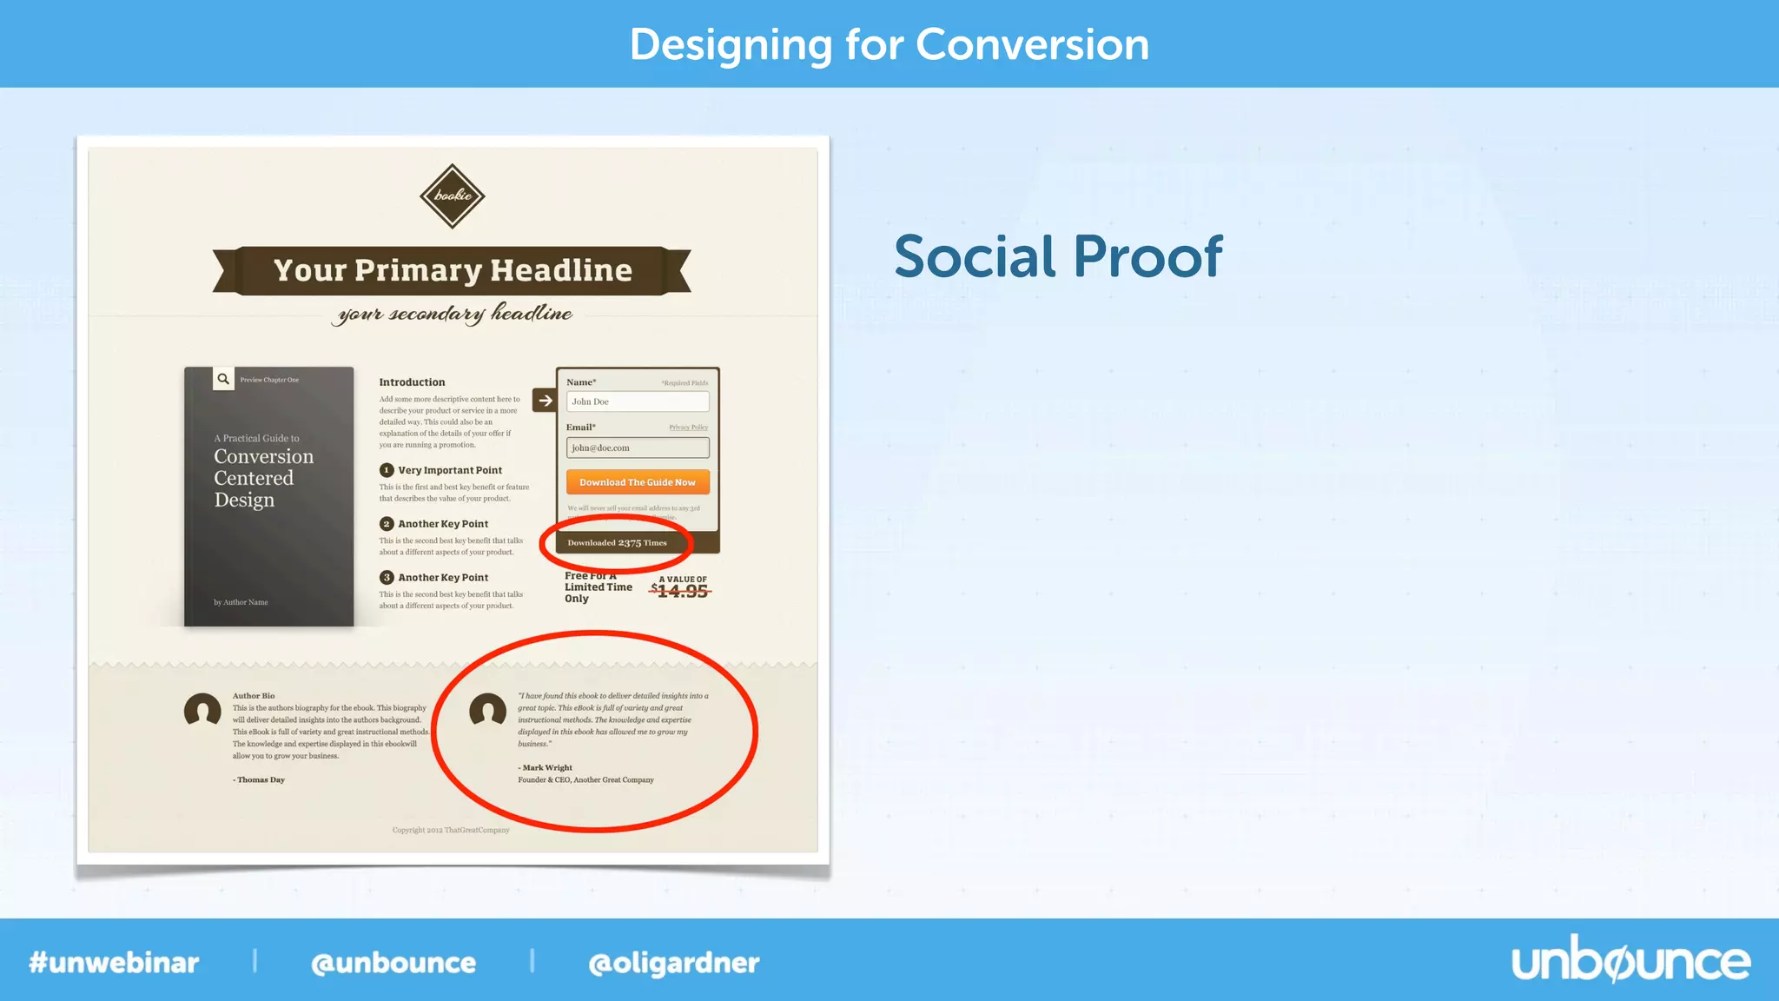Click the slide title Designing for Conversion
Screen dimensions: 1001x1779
click(889, 44)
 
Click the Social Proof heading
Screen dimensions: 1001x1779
click(1058, 257)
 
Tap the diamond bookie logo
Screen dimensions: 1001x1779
click(452, 196)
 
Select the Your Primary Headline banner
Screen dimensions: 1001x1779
click(452, 270)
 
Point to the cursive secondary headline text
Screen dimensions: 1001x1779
click(452, 314)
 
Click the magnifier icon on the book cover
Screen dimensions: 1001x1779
click(223, 379)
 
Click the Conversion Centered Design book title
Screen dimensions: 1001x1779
click(263, 478)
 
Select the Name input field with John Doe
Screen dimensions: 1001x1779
click(638, 401)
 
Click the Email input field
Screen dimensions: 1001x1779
click(638, 447)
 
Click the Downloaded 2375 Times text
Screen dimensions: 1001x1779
click(617, 543)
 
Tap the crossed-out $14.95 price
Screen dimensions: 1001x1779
click(682, 592)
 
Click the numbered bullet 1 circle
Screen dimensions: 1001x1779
click(387, 470)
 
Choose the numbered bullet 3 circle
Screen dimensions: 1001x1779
click(387, 578)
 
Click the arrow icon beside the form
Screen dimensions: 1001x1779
click(545, 401)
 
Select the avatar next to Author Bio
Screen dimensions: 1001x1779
click(202, 710)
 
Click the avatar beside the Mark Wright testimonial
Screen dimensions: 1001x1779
click(487, 710)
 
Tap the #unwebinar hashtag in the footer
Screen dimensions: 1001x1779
click(114, 963)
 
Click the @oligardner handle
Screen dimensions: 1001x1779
click(673, 963)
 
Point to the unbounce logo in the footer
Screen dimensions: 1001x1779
click(1630, 961)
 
